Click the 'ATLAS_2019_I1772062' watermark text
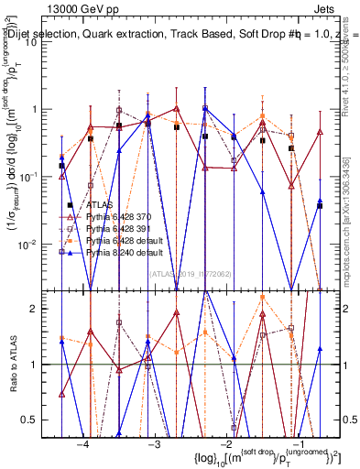point(191,272)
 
